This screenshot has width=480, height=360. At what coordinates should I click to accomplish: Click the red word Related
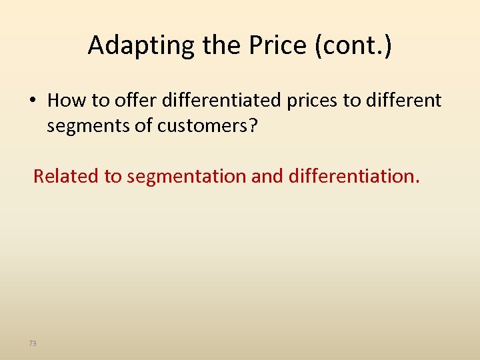click(x=66, y=176)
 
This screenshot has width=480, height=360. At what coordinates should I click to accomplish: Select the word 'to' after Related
click(x=113, y=177)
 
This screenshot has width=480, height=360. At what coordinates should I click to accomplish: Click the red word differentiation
click(x=354, y=176)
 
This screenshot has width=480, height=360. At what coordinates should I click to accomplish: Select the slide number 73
click(x=33, y=343)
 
